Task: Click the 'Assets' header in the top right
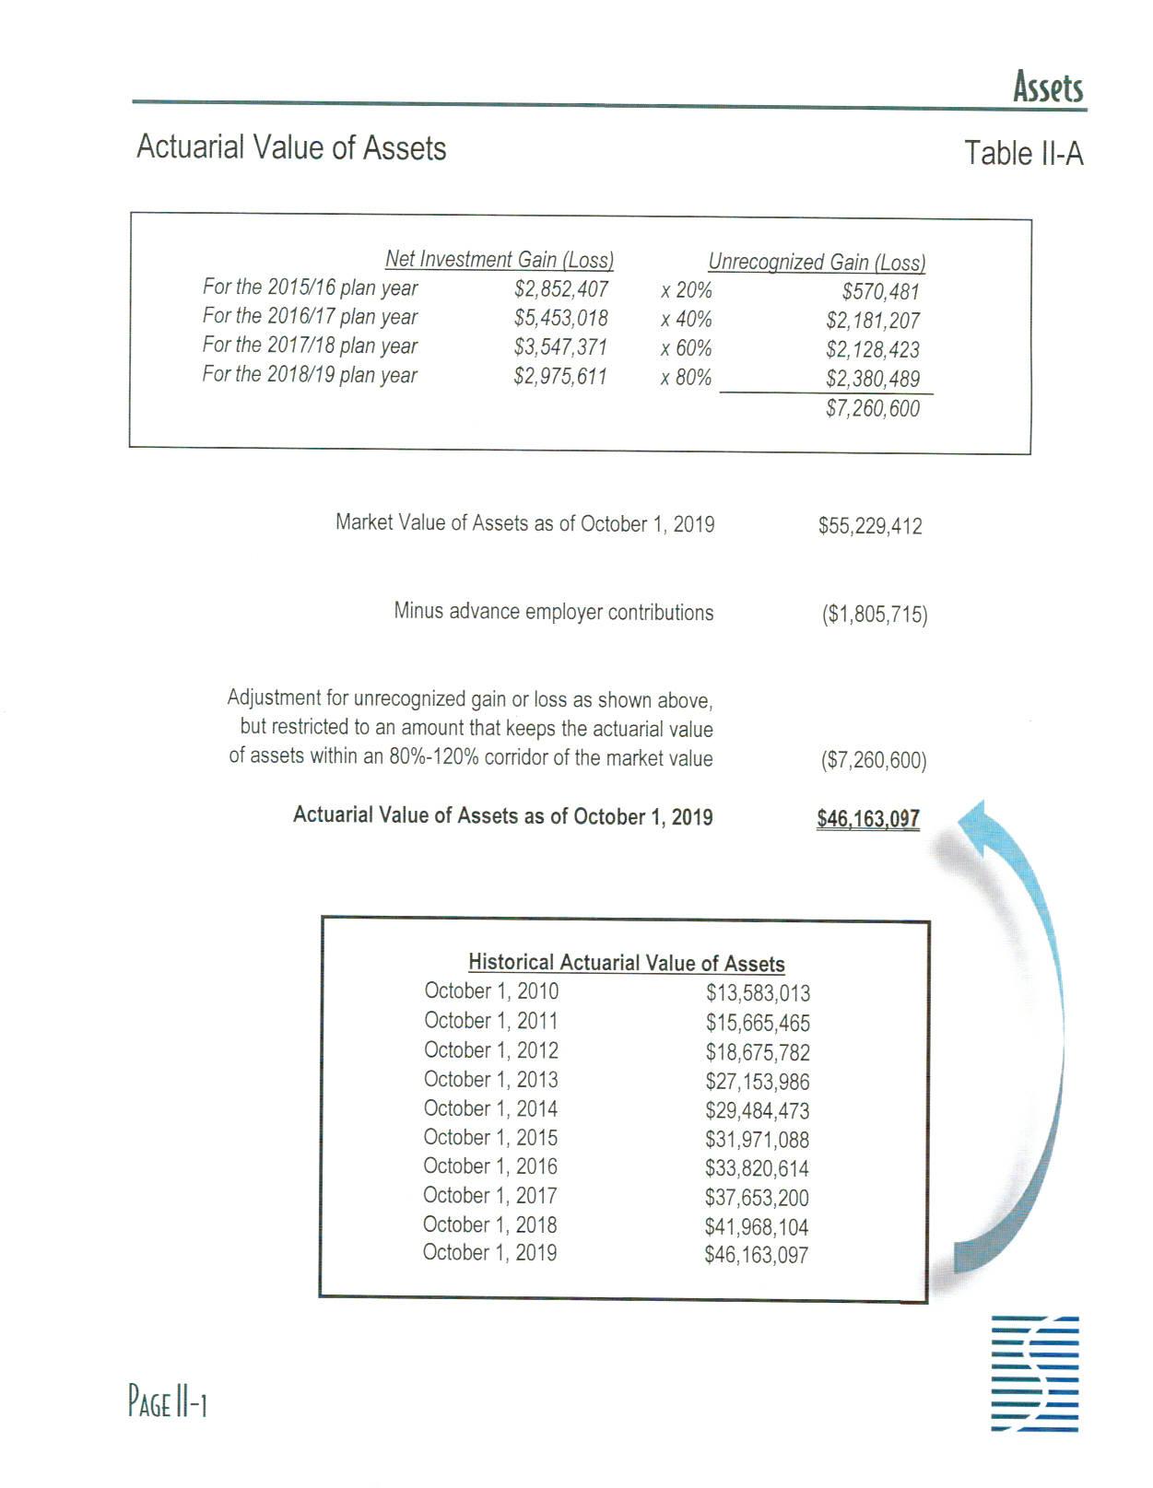coord(1048,88)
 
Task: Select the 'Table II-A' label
coord(1023,153)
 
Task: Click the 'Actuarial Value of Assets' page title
coord(291,147)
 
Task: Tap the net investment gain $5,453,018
coord(560,319)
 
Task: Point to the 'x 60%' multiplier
coord(686,348)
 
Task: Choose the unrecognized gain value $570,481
coord(880,292)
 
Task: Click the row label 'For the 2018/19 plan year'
coord(310,375)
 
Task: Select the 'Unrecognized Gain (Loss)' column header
coord(817,263)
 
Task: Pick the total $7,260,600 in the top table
coord(872,409)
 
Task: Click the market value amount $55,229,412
coord(869,526)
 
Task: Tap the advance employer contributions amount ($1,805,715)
coord(874,615)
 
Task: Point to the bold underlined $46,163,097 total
coord(867,819)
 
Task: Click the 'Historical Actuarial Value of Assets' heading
coord(626,963)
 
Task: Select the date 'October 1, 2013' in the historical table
coord(490,1080)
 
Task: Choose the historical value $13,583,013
coord(758,993)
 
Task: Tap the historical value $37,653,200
coord(757,1198)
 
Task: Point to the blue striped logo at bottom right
coord(1034,1374)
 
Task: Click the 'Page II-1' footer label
coord(167,1403)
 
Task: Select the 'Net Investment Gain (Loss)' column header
coord(500,260)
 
